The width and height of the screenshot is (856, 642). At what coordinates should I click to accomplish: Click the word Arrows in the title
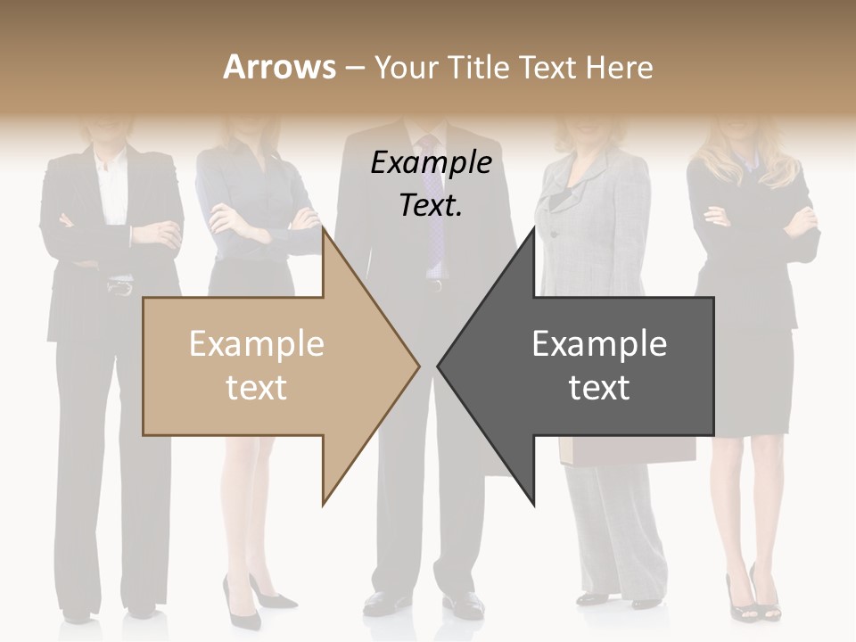pyautogui.click(x=278, y=67)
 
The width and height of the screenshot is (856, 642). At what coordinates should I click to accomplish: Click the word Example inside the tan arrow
pyautogui.click(x=257, y=343)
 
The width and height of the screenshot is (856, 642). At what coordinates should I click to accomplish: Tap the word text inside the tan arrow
pyautogui.click(x=257, y=388)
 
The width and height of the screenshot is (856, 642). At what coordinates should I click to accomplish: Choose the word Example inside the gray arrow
pyautogui.click(x=599, y=343)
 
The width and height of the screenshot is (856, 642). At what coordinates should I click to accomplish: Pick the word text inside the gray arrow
pyautogui.click(x=599, y=388)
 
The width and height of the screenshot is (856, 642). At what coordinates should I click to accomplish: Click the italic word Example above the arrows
pyautogui.click(x=431, y=163)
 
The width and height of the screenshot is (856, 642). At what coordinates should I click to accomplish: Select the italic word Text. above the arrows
pyautogui.click(x=431, y=205)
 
